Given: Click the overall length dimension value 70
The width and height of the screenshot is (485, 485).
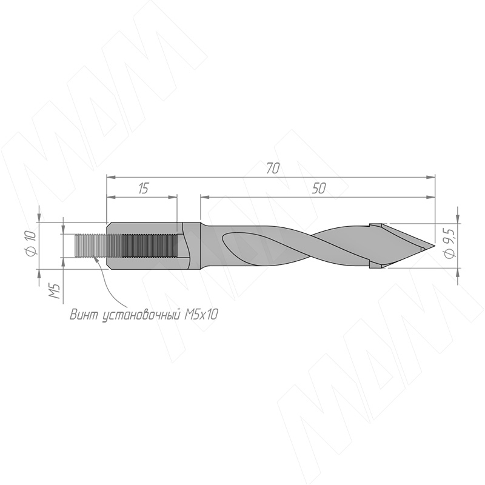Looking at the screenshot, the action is [x=273, y=169].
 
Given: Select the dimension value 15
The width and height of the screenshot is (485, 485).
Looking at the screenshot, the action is [x=144, y=188].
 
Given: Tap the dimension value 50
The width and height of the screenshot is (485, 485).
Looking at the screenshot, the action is [x=319, y=188].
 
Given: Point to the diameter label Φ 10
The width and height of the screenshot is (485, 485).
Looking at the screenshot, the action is [x=32, y=243].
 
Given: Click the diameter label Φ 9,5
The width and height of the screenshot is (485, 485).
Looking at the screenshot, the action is [x=449, y=243].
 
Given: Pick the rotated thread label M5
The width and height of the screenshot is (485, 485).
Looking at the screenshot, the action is [x=55, y=291].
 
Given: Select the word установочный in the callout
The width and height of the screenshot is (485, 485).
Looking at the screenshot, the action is [x=141, y=315].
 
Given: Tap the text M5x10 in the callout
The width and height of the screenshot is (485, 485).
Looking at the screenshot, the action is [x=201, y=315].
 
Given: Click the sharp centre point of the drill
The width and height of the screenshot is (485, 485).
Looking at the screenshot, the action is [x=434, y=246].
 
